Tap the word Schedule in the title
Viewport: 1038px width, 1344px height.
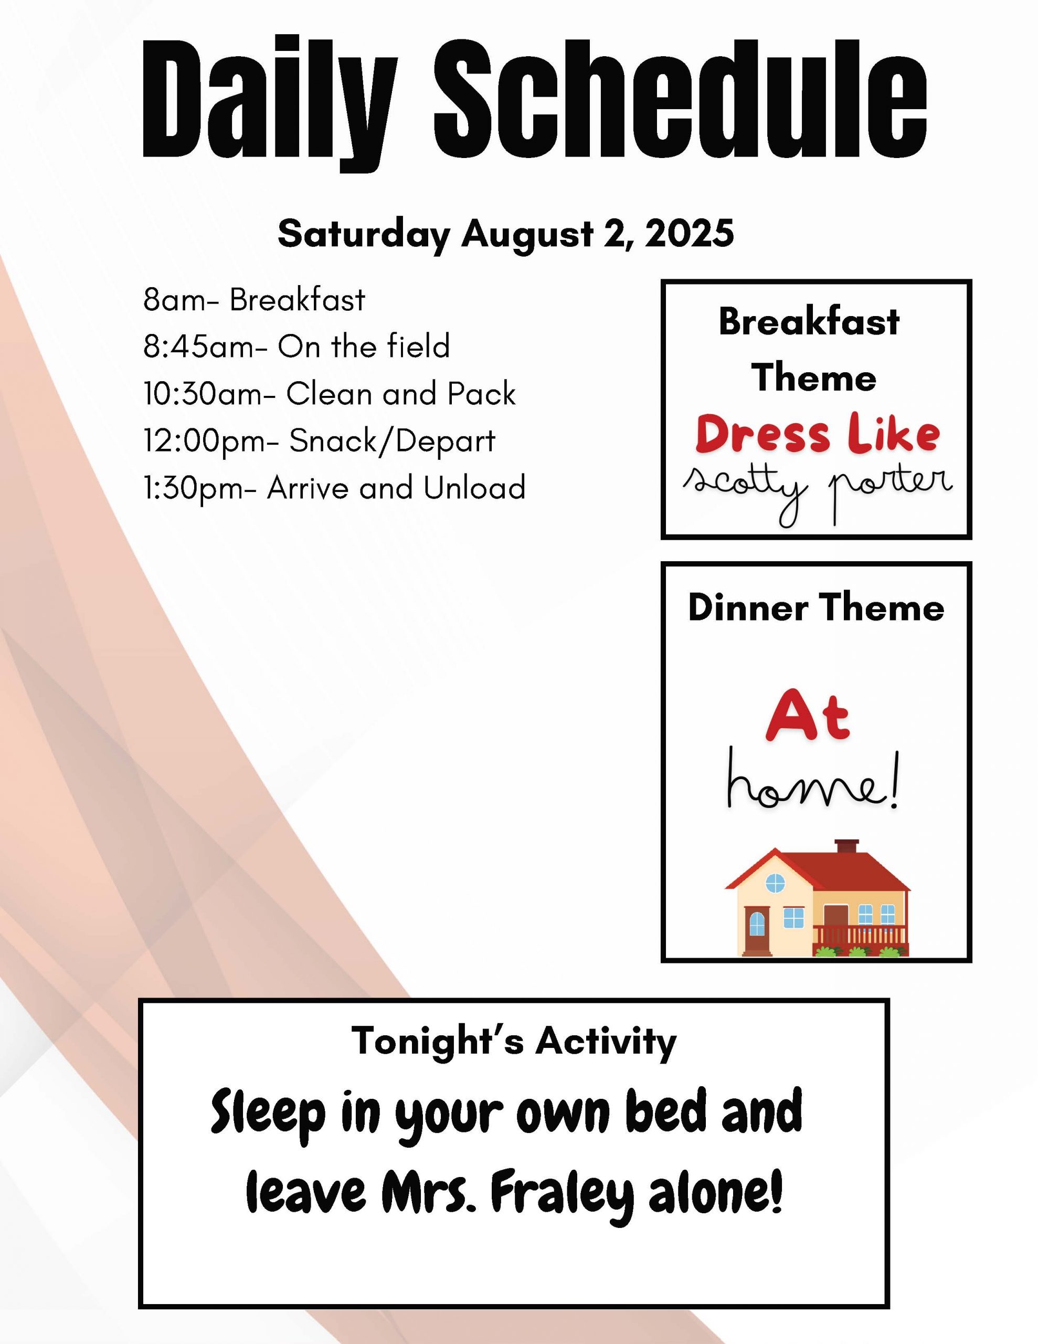click(681, 99)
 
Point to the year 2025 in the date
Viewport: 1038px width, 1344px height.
click(689, 233)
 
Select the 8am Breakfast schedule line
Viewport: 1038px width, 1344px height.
click(254, 300)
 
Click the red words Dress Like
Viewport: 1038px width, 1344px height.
click(818, 435)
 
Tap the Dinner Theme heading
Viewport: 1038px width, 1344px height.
click(816, 607)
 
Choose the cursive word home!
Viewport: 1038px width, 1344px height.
click(813, 779)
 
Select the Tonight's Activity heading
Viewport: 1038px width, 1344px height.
click(514, 1041)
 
